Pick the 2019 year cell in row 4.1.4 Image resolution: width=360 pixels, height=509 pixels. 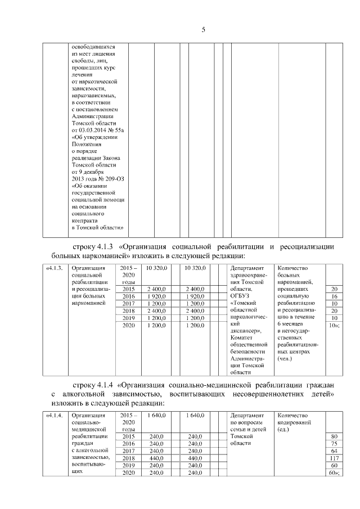click(129, 465)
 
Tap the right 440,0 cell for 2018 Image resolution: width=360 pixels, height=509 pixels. click(195, 458)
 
